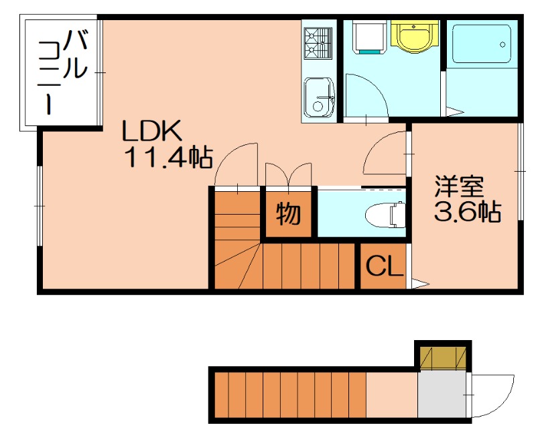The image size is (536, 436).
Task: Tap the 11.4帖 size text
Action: point(170,157)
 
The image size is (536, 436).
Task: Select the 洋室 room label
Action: point(459,186)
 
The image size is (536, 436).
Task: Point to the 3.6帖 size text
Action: point(467,212)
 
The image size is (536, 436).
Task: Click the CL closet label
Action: point(385,266)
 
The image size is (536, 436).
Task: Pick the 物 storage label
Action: point(288,214)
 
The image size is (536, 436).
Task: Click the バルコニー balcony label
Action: point(64,72)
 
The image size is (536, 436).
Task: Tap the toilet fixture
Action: point(385,215)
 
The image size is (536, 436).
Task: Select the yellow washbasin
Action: point(414,36)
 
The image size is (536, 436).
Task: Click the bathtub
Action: point(482,44)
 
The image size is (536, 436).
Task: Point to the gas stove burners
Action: point(318,43)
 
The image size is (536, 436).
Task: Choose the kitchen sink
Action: point(320,97)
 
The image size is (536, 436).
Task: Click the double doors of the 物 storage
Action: point(289,175)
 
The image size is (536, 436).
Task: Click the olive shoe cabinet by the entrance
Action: point(443,358)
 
